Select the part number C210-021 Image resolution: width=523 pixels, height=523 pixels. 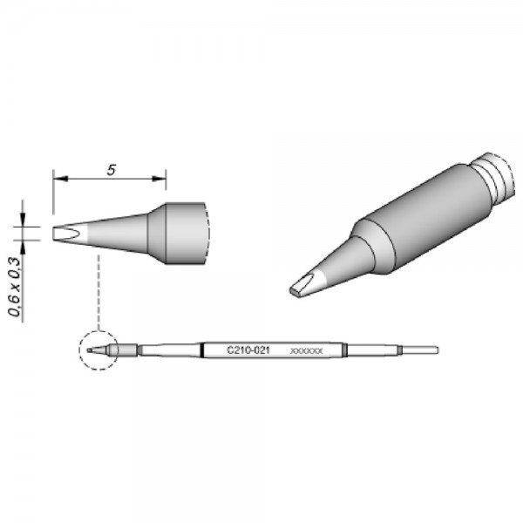(x=248, y=350)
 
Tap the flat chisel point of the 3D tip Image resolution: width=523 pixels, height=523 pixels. (x=304, y=285)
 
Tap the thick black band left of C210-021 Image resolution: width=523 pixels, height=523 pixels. (x=203, y=350)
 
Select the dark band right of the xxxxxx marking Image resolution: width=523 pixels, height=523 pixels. (x=346, y=350)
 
